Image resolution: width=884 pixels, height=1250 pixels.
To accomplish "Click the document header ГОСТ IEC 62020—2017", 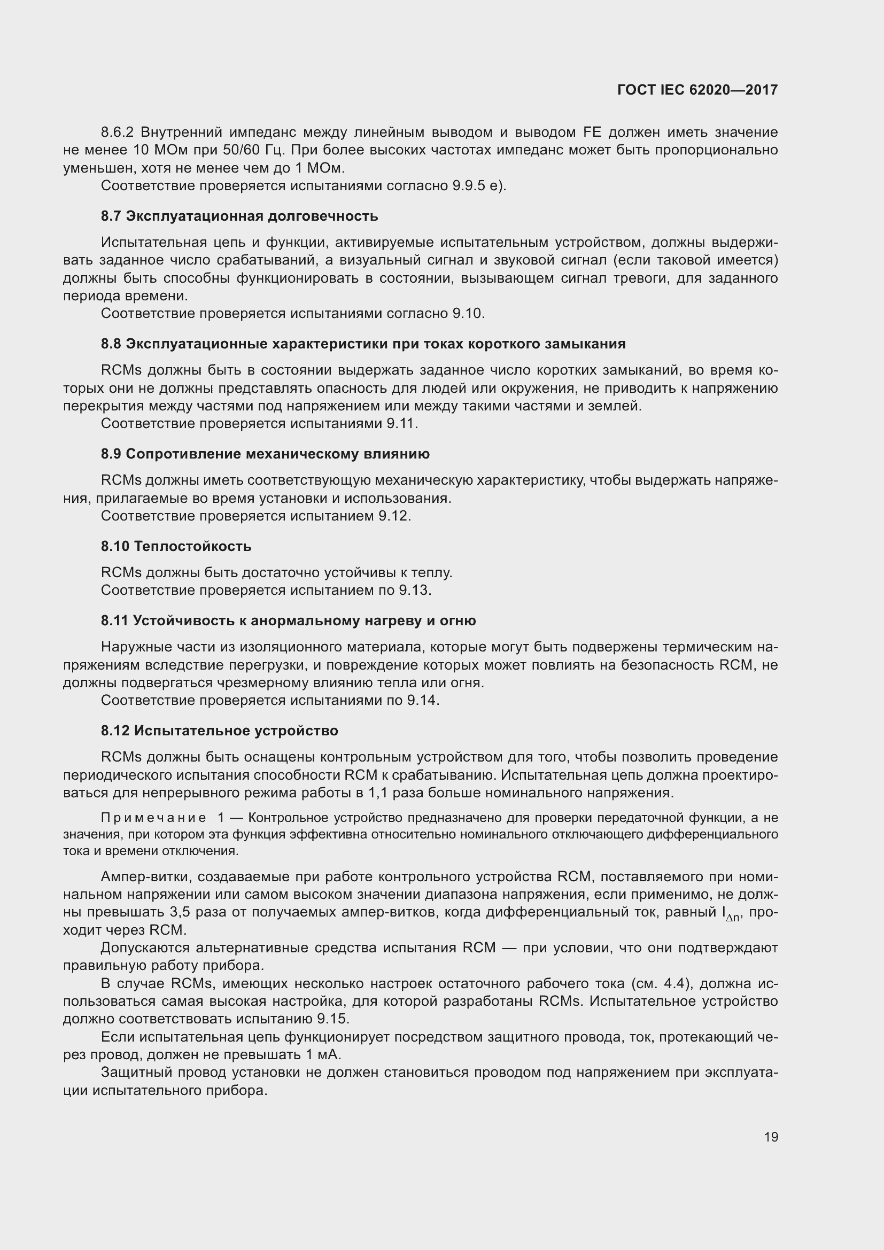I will (x=697, y=90).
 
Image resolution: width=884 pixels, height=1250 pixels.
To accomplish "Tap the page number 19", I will (x=771, y=1137).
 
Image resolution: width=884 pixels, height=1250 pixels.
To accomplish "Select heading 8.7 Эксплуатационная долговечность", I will (x=239, y=216).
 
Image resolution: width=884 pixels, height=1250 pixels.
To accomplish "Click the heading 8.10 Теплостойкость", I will (x=176, y=546).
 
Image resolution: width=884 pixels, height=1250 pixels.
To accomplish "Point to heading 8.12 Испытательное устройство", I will (x=219, y=731).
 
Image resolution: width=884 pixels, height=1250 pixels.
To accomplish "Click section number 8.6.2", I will (x=117, y=133).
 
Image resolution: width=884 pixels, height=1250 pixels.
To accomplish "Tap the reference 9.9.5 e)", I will (x=479, y=185).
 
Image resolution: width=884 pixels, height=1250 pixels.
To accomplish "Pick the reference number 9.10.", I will (x=468, y=314).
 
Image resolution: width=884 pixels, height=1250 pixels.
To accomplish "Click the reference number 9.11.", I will (x=402, y=424).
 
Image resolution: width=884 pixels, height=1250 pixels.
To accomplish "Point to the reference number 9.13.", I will (x=415, y=590).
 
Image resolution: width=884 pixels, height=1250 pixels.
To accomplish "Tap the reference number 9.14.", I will (x=422, y=700).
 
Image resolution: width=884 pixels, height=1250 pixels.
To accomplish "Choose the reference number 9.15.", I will (x=332, y=1019).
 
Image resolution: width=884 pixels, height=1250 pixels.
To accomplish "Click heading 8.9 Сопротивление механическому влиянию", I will (x=265, y=454).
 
